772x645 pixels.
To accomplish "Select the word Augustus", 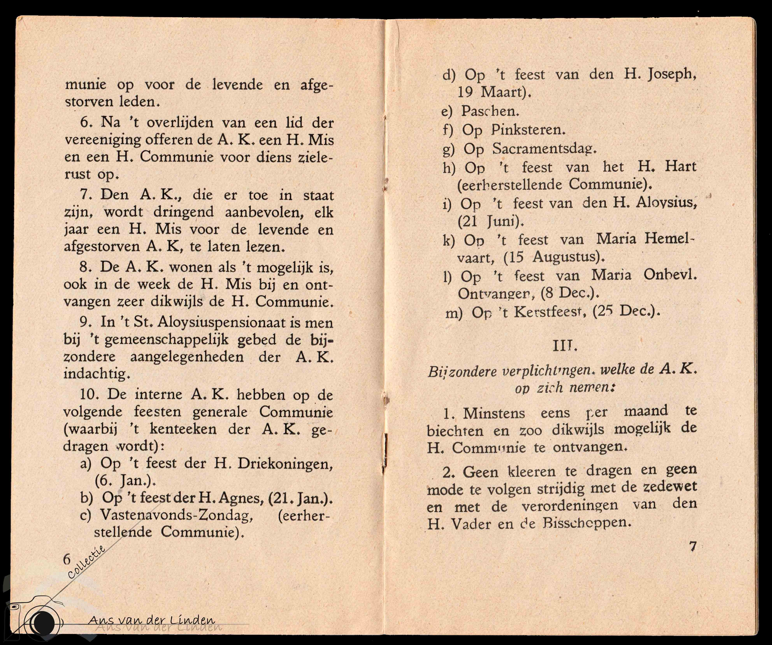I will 568,257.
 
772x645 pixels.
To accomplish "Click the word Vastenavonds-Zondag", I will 177,515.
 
